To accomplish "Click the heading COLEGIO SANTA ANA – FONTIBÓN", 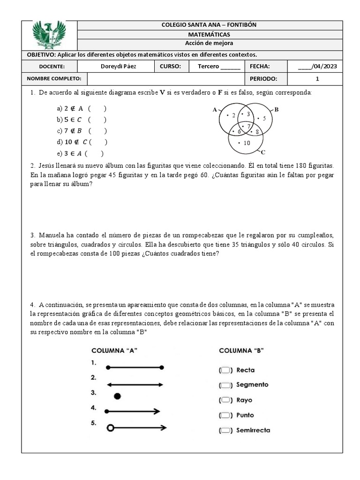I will point(209,25).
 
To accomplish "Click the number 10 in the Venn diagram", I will point(246,142).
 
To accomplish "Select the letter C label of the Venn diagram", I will point(263,152).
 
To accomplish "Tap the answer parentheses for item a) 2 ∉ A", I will point(97,108).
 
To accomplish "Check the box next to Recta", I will point(225,370).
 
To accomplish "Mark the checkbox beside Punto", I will point(225,415).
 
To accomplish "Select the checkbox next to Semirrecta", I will point(225,430).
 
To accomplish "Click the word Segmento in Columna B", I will point(252,385).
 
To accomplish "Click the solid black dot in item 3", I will point(117,396).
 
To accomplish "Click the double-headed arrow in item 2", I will point(135,384).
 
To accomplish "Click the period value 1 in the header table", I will point(317,79).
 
